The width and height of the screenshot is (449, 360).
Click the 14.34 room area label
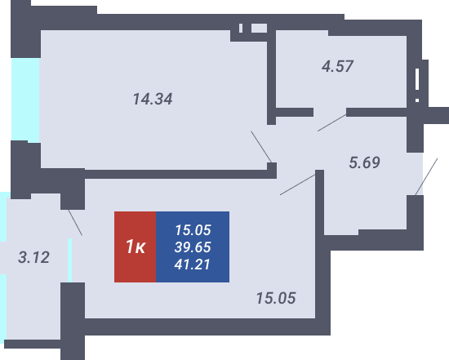click(x=153, y=99)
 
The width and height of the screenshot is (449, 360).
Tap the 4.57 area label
click(x=337, y=66)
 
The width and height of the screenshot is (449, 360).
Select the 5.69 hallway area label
click(x=365, y=162)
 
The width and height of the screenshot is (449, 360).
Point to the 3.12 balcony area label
click(x=33, y=257)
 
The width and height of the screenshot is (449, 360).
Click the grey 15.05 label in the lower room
click(x=276, y=298)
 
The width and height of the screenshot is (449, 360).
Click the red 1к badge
click(x=136, y=247)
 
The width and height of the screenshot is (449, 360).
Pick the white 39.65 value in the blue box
click(x=193, y=247)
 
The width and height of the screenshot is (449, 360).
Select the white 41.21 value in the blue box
click(x=193, y=264)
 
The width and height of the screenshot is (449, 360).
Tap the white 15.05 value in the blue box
click(x=193, y=230)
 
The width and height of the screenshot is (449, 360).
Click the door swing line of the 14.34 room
click(x=261, y=147)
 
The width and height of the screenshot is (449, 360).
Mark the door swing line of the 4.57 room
click(x=332, y=123)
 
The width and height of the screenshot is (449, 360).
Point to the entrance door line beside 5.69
click(x=426, y=176)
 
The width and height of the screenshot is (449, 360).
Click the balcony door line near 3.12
click(x=75, y=223)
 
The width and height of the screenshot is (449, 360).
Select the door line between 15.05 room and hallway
click(x=297, y=184)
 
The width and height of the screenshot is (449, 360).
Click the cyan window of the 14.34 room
click(x=25, y=100)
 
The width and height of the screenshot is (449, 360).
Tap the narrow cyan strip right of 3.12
click(x=69, y=260)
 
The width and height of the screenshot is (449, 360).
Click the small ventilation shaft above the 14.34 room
click(x=259, y=28)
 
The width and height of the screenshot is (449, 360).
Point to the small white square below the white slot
click(x=417, y=100)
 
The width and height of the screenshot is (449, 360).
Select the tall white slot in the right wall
click(x=417, y=79)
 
